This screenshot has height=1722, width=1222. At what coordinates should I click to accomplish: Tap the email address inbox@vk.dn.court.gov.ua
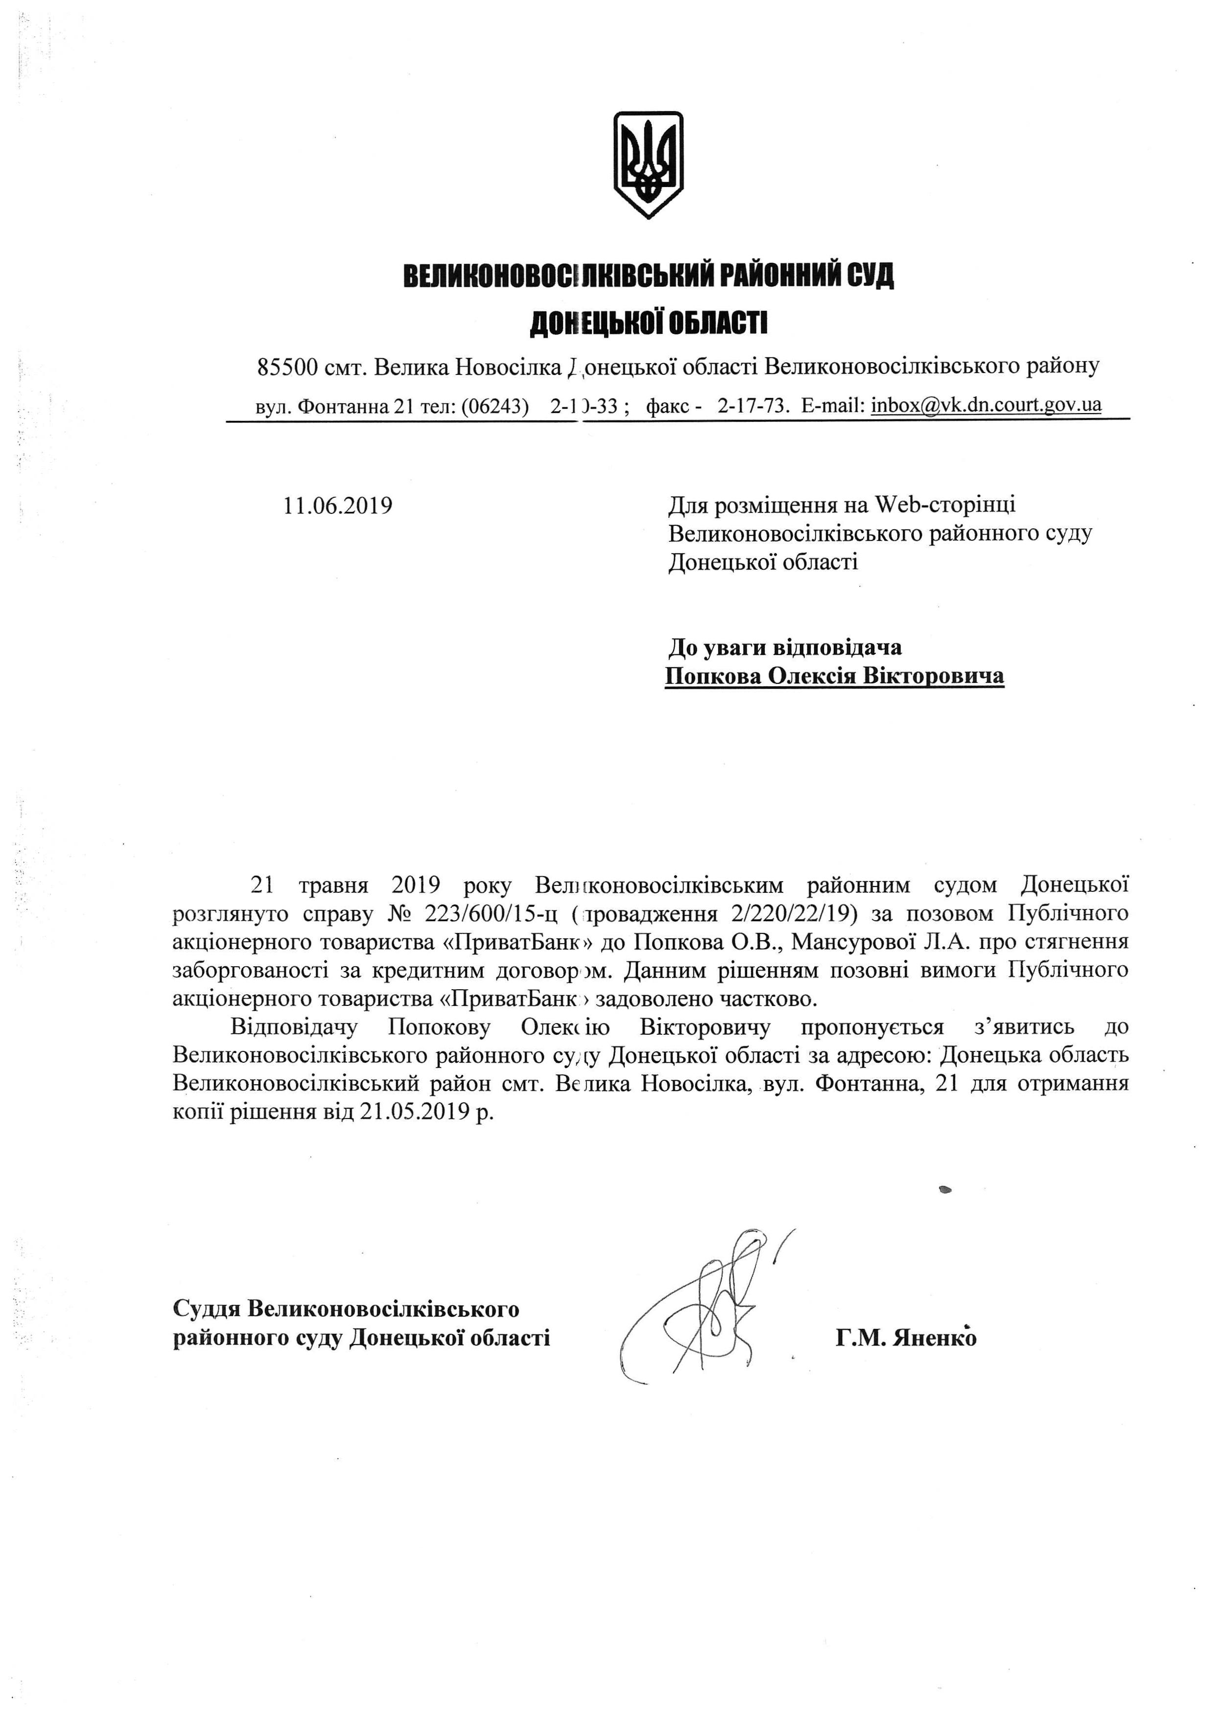click(x=986, y=405)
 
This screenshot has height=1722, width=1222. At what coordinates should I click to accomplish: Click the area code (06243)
click(x=494, y=406)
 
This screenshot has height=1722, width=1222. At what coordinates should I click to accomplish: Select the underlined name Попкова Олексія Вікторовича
click(x=834, y=675)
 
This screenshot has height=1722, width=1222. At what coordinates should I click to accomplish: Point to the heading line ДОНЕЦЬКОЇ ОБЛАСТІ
click(x=649, y=324)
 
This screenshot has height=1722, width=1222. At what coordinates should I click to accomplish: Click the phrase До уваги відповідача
click(x=785, y=647)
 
